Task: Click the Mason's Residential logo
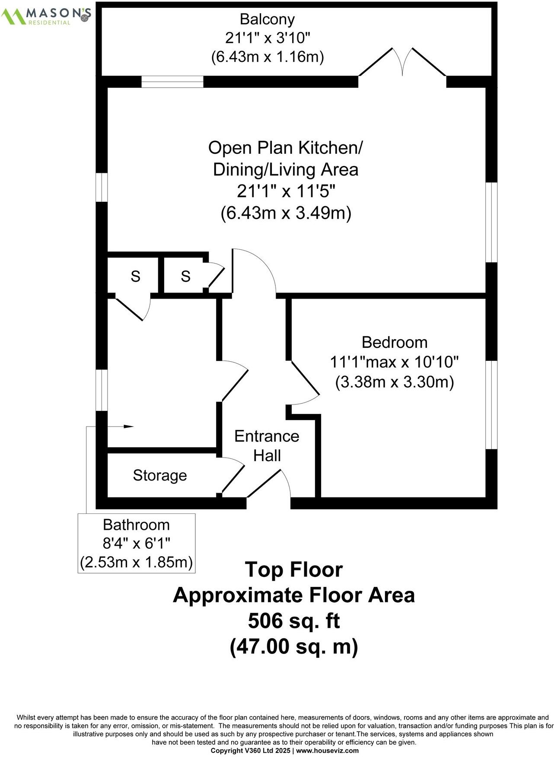coord(45,16)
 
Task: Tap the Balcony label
coord(267,19)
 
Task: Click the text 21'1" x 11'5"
coord(286,191)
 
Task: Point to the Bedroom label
coord(394,342)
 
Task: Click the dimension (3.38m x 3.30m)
coord(394,382)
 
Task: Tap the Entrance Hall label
coord(267,446)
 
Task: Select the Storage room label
coord(159,475)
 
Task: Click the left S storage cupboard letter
coord(135,276)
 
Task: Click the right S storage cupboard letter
coord(185,276)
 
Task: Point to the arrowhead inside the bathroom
coord(128,427)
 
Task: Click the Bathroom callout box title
coord(136,525)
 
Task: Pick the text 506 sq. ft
coord(294,621)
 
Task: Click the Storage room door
coord(232,478)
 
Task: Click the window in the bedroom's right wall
coord(491,405)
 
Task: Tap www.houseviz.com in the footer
coord(327,751)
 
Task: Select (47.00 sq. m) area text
coord(294,647)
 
